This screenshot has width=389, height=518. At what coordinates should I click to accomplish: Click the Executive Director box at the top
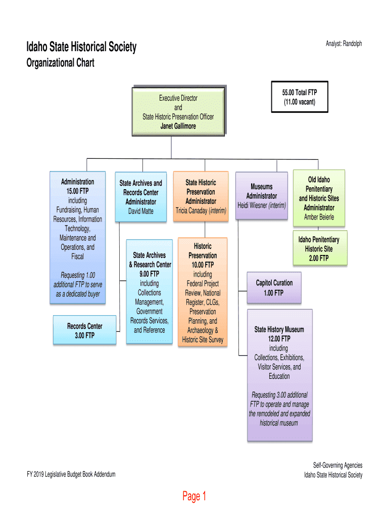178,112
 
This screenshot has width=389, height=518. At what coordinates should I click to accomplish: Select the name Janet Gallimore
178,126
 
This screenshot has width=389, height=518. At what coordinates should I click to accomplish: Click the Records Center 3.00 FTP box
85,330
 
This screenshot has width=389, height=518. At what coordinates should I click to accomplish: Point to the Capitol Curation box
274,288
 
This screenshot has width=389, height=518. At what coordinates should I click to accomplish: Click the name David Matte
140,211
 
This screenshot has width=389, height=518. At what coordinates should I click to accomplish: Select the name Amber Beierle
319,217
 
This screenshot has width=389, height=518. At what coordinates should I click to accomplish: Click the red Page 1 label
194,497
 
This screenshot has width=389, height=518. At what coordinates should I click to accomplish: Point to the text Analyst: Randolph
344,44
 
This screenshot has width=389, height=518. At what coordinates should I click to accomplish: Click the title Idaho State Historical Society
81,48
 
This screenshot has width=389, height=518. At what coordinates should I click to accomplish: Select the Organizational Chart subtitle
60,63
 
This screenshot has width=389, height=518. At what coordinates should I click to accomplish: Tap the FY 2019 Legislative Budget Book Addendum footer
71,474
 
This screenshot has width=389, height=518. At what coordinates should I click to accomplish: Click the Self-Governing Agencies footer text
337,465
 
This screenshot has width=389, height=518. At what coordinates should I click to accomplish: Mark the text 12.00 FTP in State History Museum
279,339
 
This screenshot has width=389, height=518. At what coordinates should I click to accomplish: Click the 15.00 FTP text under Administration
77,191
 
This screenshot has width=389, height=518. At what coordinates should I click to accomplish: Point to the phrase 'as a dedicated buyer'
78,294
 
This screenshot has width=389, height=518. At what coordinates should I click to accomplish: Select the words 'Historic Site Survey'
202,339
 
